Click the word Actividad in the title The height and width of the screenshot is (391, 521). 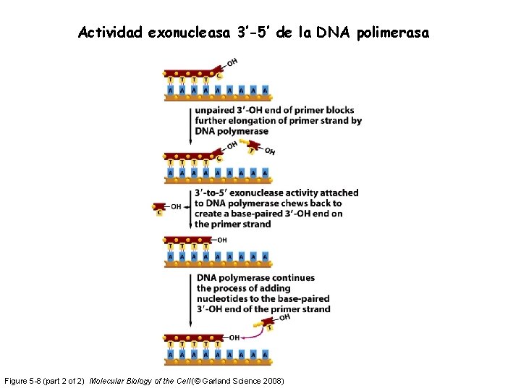pyautogui.click(x=111, y=33)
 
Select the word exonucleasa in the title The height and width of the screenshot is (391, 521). pyautogui.click(x=188, y=33)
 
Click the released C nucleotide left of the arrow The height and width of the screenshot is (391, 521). pyautogui.click(x=160, y=209)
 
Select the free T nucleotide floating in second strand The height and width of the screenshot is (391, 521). pyautogui.click(x=252, y=149)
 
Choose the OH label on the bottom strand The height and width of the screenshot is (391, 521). pyautogui.click(x=234, y=337)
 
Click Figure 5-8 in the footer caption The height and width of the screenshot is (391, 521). pyautogui.click(x=25, y=381)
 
